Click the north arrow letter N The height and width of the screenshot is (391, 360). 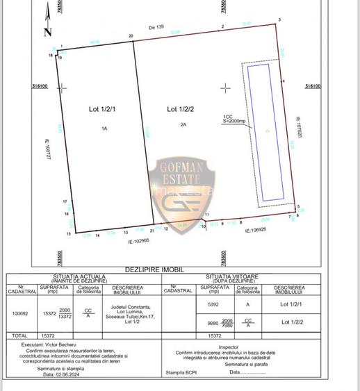pos(47,31)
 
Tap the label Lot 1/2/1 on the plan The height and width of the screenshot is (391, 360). pos(103,109)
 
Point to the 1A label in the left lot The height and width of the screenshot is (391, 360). pos(104,128)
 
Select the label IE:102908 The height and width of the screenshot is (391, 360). pos(139,241)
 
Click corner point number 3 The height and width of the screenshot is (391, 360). pos(279,19)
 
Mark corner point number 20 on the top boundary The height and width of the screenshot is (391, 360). pos(131,35)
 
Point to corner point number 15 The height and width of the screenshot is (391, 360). pos(68,235)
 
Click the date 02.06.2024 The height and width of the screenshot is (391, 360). pos(57,374)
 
